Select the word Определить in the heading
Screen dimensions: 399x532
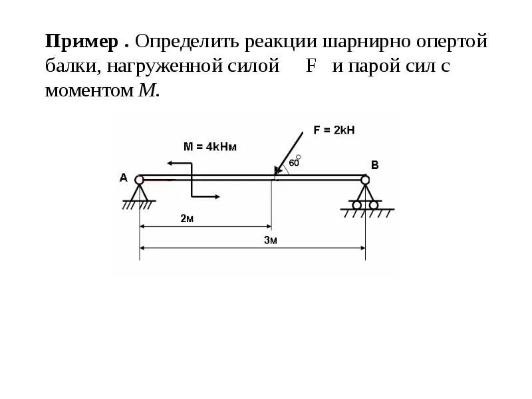click(187, 43)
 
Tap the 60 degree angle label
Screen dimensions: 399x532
click(294, 162)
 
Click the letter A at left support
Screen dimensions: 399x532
click(123, 178)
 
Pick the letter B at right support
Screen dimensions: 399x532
click(374, 165)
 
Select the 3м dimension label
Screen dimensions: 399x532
click(270, 241)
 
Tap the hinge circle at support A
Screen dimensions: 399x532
click(139, 180)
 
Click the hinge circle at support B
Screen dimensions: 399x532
click(364, 180)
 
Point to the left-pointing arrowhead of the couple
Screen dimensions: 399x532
click(171, 163)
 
